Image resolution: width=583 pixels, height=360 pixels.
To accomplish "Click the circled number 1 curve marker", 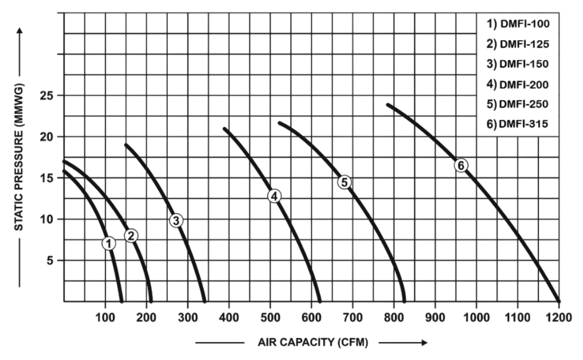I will pyautogui.click(x=109, y=243).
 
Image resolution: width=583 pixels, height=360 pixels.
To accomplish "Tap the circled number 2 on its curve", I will pyautogui.click(x=132, y=235).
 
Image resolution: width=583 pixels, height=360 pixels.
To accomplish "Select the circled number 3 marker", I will pyautogui.click(x=176, y=220).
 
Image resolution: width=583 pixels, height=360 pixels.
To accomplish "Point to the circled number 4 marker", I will pyautogui.click(x=275, y=196).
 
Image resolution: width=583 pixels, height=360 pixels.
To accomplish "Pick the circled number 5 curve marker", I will pyautogui.click(x=344, y=182).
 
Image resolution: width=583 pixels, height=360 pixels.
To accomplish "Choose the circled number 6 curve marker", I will pyautogui.click(x=461, y=165).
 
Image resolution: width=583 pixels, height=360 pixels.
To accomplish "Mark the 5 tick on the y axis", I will pyautogui.click(x=50, y=260).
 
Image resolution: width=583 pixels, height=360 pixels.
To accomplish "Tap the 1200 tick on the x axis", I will pyautogui.click(x=558, y=316).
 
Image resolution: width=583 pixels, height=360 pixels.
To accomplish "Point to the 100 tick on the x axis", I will pyautogui.click(x=105, y=316).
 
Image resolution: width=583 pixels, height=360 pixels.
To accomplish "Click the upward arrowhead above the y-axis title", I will pyautogui.click(x=19, y=30).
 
